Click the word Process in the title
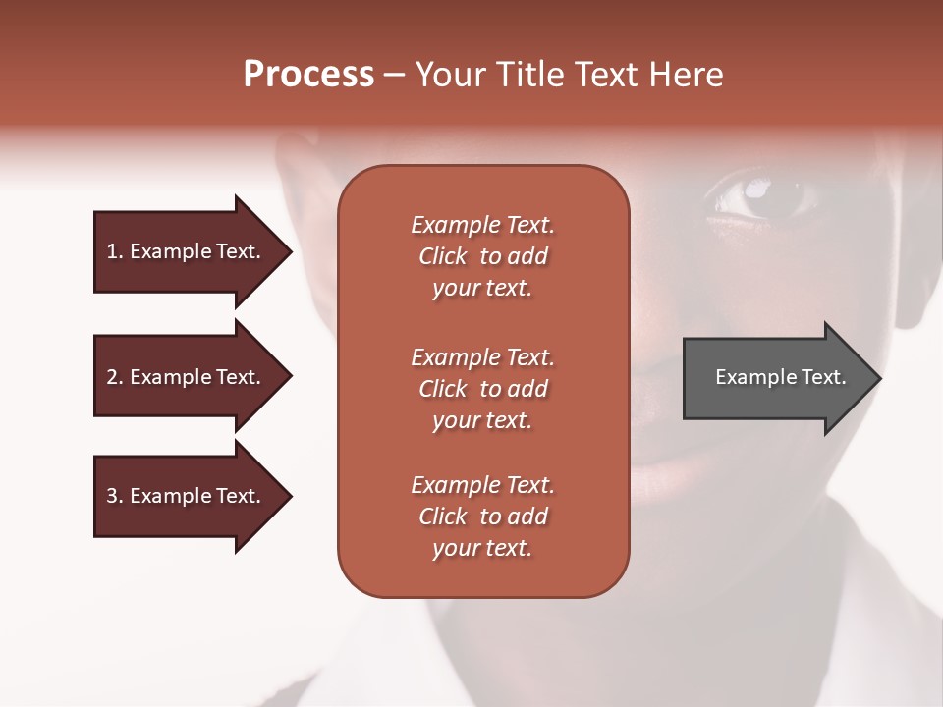[308, 75]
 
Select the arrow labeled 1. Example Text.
[187, 251]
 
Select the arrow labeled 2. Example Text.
[187, 377]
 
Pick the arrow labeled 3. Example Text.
[187, 496]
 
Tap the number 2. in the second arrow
[115, 377]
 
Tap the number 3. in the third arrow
[115, 496]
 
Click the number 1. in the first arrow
[115, 251]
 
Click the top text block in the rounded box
[482, 256]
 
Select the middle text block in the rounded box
[482, 389]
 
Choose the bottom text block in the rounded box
[482, 517]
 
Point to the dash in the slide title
[394, 76]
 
